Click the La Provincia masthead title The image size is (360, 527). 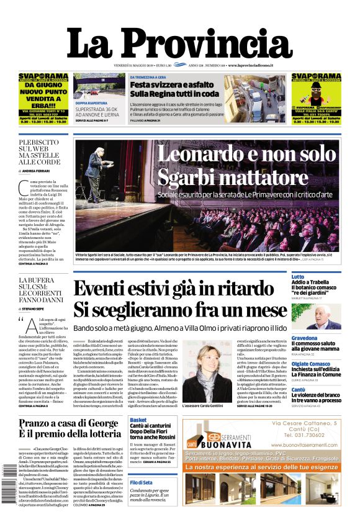(179, 43)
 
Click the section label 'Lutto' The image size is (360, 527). (298, 276)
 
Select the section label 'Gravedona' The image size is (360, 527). (305, 338)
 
